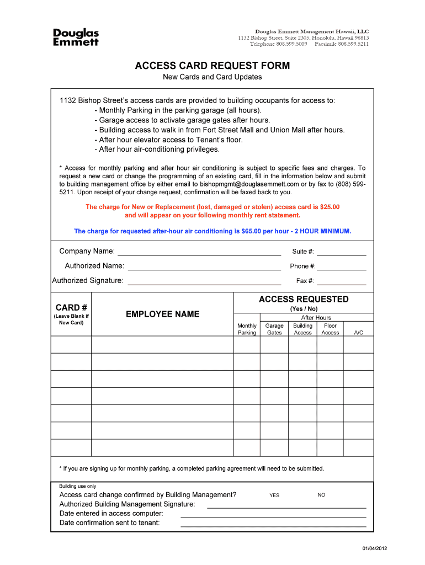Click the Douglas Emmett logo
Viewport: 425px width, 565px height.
click(76, 37)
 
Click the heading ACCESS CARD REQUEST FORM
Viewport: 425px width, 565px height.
click(212, 66)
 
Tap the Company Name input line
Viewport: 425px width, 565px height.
click(199, 253)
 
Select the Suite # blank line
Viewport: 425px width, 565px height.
click(341, 253)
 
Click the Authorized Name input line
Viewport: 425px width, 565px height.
click(204, 268)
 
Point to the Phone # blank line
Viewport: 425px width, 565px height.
click(341, 268)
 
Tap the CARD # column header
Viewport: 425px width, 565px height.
click(71, 307)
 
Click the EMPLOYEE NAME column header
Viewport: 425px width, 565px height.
click(163, 315)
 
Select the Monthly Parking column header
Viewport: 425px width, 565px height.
click(247, 329)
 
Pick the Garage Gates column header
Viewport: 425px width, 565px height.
click(274, 329)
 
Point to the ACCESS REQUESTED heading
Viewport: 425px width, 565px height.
click(304, 299)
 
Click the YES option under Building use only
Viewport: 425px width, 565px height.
click(274, 495)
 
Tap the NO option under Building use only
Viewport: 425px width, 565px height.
click(321, 495)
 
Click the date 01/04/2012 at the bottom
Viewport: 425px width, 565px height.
click(375, 548)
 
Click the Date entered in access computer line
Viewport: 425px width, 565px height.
click(273, 515)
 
